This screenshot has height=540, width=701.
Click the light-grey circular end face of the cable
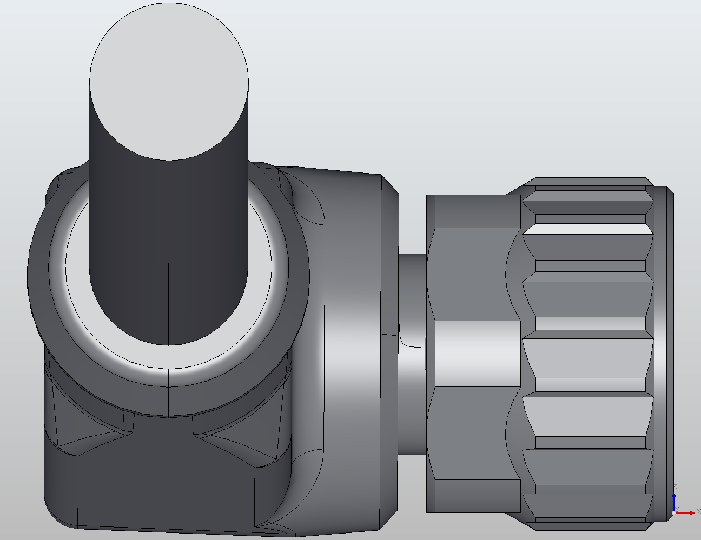pos(169,81)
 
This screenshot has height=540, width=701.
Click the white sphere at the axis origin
pos(674,512)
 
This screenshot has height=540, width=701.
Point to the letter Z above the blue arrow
pos(675,487)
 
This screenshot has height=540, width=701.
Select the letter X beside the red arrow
pos(698,512)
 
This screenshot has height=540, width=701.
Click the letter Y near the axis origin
pos(677,509)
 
